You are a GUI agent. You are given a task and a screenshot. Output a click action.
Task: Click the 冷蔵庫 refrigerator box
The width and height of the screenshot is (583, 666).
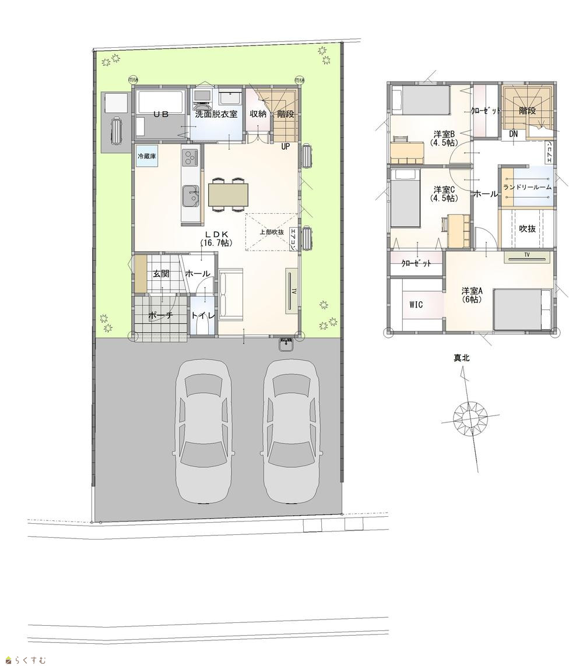(146, 156)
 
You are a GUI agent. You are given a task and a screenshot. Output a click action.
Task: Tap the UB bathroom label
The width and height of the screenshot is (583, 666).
(161, 114)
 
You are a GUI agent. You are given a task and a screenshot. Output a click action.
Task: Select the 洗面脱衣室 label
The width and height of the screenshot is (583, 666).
(216, 114)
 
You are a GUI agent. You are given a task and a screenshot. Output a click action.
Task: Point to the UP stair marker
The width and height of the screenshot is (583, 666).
(285, 146)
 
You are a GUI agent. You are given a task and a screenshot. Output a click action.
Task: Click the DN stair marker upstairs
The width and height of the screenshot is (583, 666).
(513, 134)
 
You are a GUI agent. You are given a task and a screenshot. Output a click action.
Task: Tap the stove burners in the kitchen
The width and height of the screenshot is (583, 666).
(191, 159)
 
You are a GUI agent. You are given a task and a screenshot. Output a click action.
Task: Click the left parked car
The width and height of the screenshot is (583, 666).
(203, 431)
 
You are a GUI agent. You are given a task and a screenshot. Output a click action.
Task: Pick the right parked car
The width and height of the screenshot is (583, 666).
(291, 431)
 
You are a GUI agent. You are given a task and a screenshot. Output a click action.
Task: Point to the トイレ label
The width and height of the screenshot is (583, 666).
(203, 316)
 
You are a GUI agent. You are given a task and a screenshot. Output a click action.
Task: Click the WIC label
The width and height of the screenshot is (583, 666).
(416, 305)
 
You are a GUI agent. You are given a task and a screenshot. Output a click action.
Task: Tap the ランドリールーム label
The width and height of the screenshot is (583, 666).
(528, 187)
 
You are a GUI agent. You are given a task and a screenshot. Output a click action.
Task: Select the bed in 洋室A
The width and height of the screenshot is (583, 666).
(523, 309)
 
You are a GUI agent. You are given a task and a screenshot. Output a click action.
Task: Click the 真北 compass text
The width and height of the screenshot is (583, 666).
(462, 358)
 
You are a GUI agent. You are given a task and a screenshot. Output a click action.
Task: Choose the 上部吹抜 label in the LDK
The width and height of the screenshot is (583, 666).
(272, 232)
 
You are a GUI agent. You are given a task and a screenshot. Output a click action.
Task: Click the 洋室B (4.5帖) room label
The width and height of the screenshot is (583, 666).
(444, 139)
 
